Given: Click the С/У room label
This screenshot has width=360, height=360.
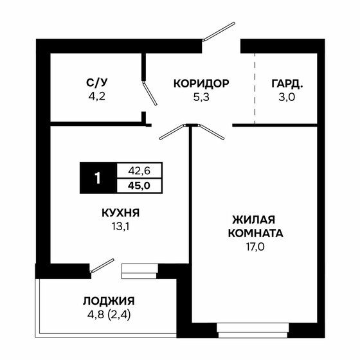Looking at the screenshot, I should [x=96, y=83].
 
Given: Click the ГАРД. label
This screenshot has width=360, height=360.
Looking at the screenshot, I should [x=287, y=83].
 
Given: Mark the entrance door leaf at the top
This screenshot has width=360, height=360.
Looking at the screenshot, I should [x=219, y=32].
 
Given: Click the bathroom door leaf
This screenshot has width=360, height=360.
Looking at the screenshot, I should [x=149, y=94].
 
